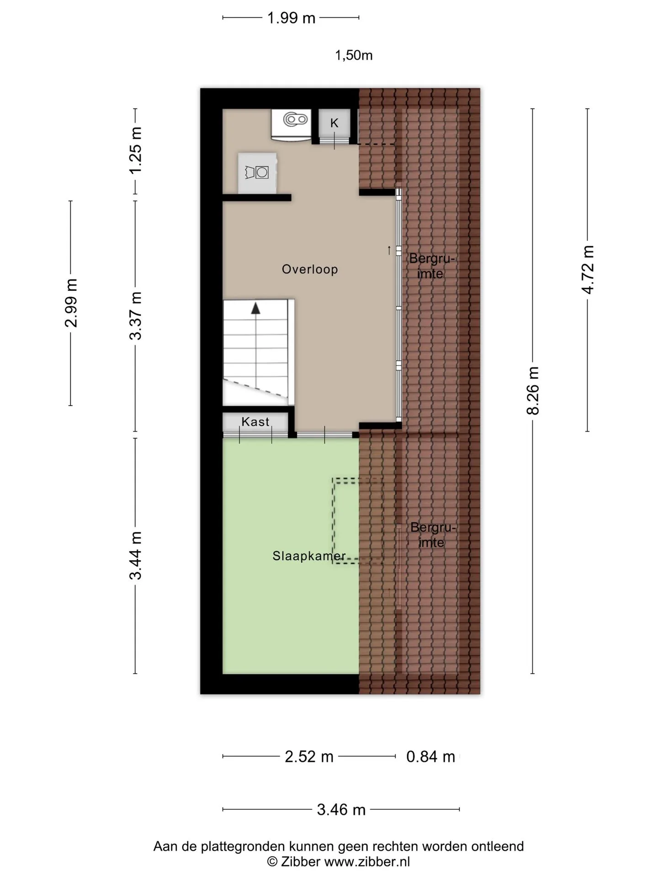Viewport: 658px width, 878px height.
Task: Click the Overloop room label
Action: (x=310, y=269)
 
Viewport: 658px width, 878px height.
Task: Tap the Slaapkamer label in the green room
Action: (x=309, y=556)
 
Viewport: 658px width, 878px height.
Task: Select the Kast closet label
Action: (x=255, y=422)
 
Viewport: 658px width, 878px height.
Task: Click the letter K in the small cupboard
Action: (x=334, y=123)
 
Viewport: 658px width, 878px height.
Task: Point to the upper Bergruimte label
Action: (x=432, y=266)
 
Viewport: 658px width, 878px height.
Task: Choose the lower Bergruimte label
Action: (x=433, y=535)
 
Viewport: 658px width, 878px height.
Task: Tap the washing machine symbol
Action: (x=257, y=172)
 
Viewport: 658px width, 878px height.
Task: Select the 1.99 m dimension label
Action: (x=291, y=18)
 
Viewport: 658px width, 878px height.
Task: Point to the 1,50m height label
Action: (x=354, y=55)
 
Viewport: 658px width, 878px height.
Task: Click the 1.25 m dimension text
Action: (x=136, y=150)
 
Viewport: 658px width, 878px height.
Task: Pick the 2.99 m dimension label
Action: (x=71, y=303)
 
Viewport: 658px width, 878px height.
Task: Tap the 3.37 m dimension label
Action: (x=136, y=316)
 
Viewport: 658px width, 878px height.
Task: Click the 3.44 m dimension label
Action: (x=136, y=556)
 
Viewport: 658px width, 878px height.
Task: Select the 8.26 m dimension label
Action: (x=533, y=391)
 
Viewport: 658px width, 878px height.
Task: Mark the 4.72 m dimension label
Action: (x=588, y=270)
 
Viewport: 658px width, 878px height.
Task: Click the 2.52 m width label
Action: (x=309, y=757)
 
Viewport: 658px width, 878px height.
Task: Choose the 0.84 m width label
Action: (x=431, y=757)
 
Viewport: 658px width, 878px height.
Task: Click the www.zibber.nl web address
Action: (x=367, y=862)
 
